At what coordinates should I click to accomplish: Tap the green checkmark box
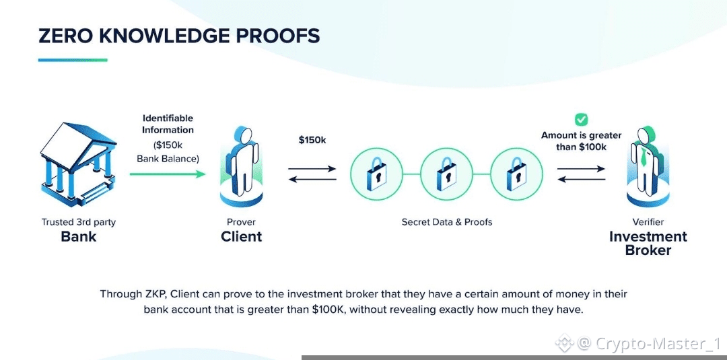581,120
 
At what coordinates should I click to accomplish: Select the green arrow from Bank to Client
168,174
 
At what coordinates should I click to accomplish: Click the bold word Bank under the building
78,237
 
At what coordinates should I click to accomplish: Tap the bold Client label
241,237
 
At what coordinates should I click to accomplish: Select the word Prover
241,222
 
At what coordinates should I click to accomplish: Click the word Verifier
648,222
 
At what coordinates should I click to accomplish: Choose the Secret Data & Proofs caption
447,222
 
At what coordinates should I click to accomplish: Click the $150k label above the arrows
312,140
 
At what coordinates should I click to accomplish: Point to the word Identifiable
168,118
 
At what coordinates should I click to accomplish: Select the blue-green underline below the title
73,60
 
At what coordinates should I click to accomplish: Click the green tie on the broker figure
644,159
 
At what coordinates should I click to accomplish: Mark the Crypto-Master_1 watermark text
653,345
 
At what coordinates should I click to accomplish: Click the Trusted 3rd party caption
78,222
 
